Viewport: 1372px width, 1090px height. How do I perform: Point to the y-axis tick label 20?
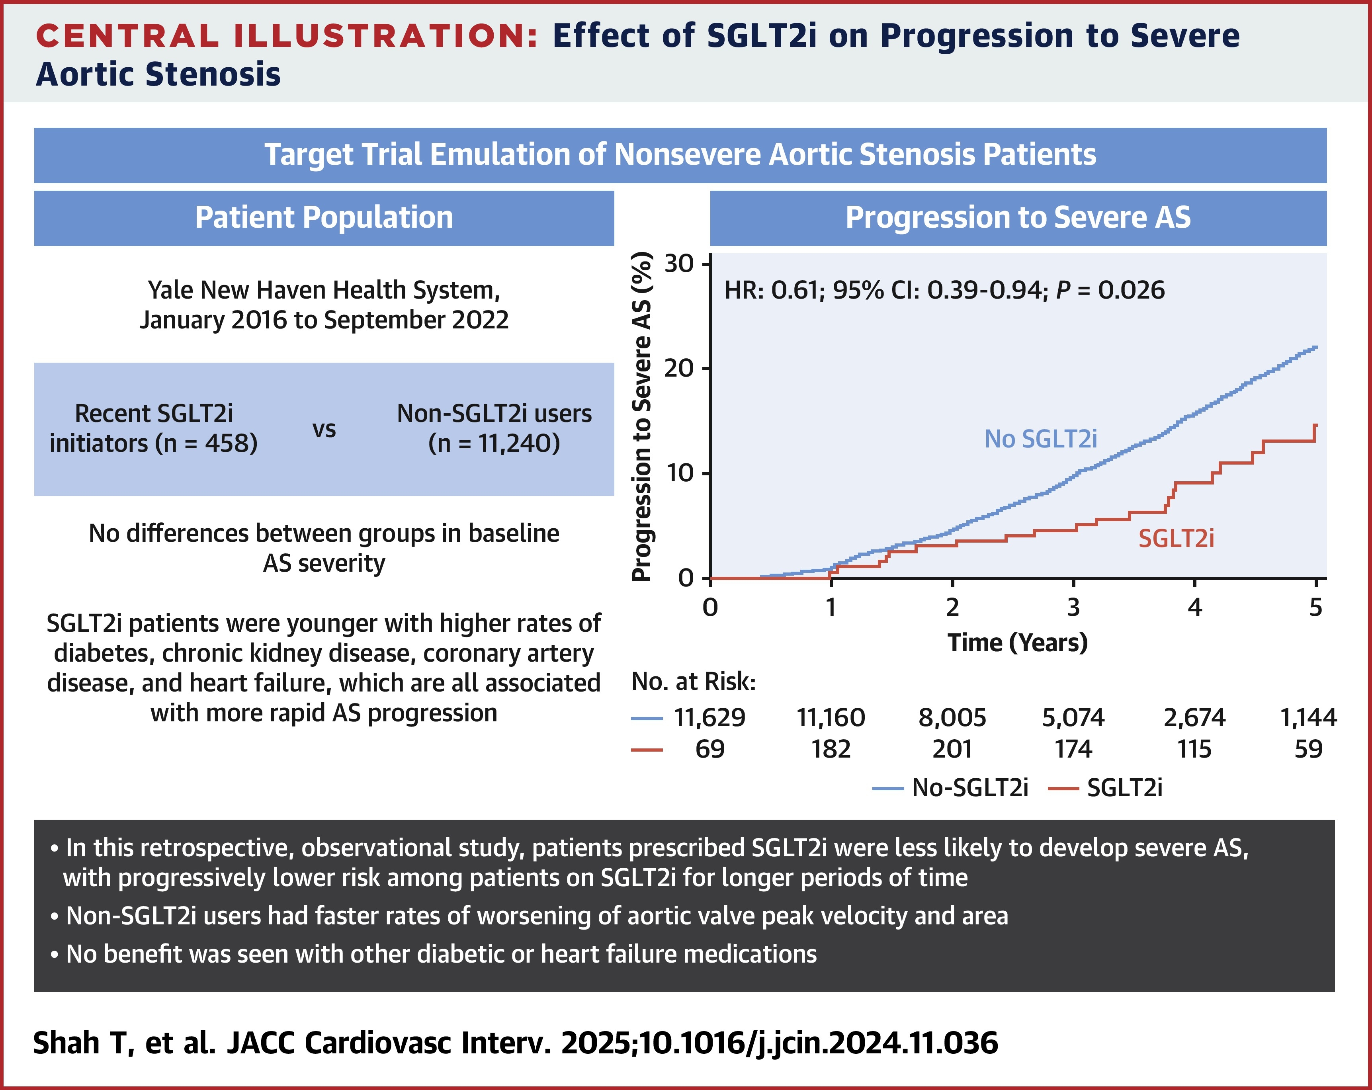[678, 368]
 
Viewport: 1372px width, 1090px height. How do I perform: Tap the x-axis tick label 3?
[1073, 608]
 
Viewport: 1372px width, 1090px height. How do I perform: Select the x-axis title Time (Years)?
[1018, 643]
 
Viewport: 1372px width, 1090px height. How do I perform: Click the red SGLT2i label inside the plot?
[1176, 539]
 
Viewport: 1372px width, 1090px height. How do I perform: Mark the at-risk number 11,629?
[709, 718]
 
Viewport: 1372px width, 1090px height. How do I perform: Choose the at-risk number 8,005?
[952, 718]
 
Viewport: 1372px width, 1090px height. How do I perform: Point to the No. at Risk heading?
[694, 682]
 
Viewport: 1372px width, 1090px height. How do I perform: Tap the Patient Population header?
[324, 218]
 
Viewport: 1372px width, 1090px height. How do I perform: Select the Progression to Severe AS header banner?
[1018, 218]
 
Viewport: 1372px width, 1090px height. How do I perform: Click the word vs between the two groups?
[324, 430]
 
